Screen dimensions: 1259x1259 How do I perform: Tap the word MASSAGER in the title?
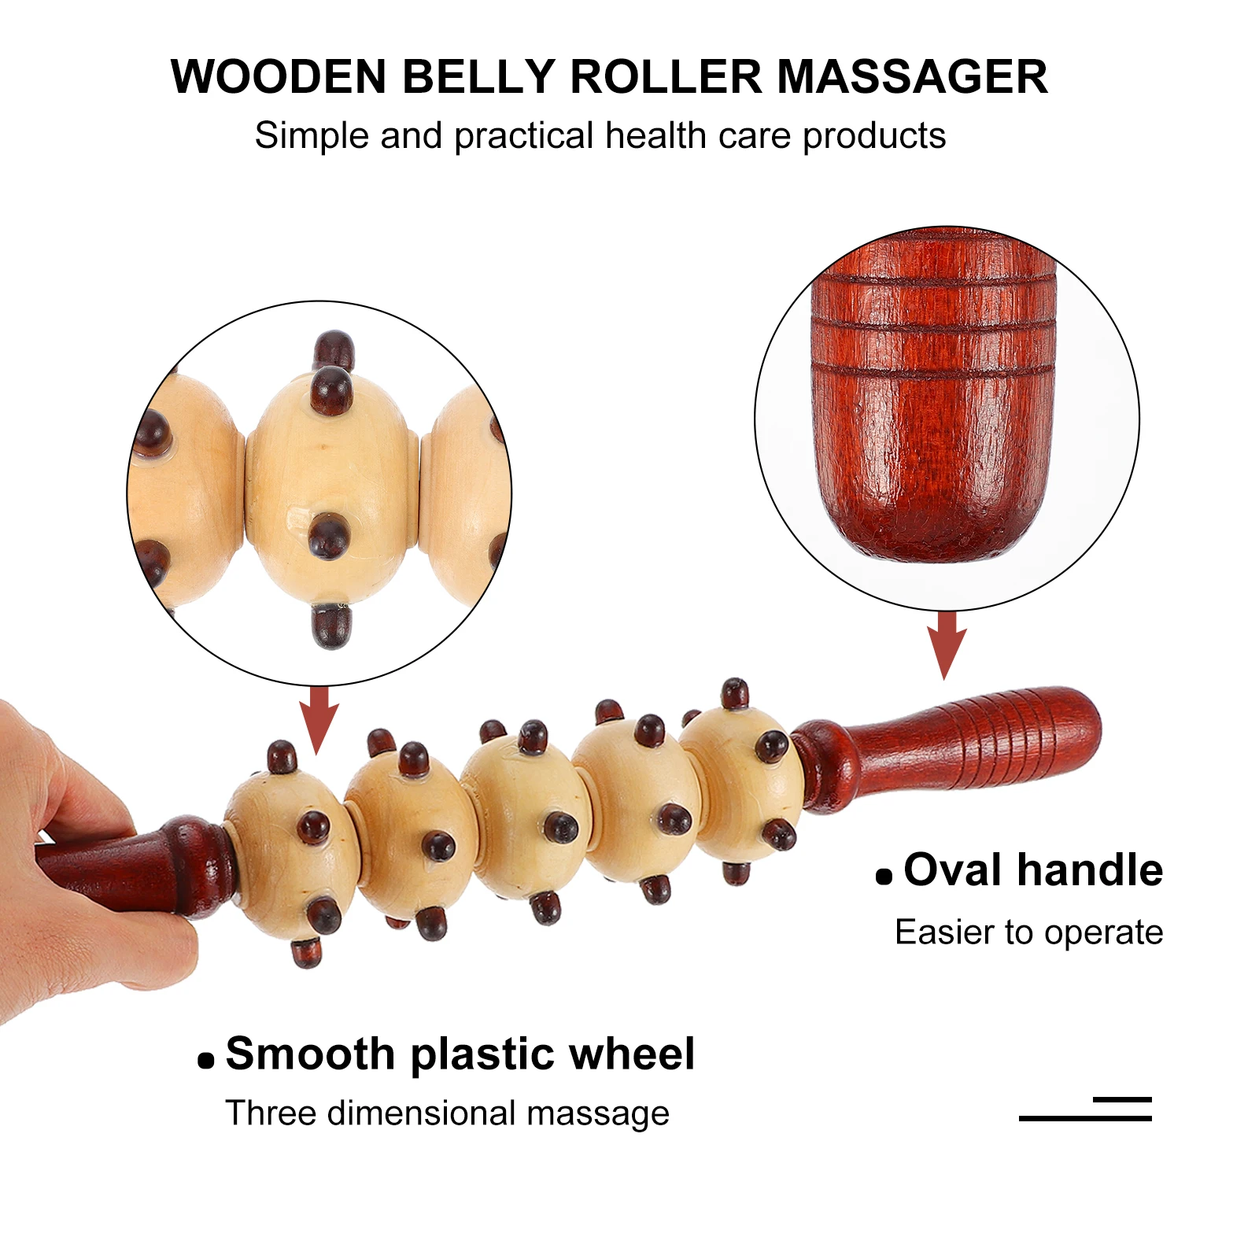912,77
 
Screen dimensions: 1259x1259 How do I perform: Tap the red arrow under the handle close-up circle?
947,644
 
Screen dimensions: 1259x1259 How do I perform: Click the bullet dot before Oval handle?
884,877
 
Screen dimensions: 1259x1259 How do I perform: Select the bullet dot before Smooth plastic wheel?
206,1061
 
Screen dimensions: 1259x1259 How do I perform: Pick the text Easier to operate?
1028,932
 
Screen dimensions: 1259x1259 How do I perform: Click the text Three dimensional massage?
447,1113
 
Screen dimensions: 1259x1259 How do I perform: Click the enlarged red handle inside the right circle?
934,401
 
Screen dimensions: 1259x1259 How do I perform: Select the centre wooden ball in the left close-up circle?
330,488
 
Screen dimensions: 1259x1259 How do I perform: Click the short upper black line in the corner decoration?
1122,1099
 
